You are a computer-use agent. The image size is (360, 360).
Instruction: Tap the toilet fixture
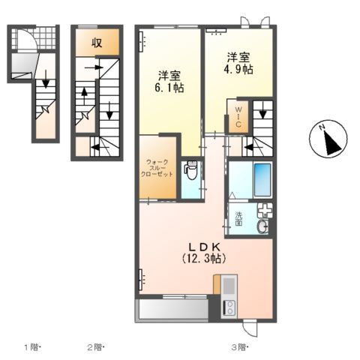tap(190, 172)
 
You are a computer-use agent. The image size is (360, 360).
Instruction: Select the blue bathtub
tap(262, 180)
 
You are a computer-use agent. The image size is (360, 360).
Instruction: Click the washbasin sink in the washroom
tap(263, 227)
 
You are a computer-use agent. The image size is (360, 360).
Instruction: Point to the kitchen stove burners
tap(229, 307)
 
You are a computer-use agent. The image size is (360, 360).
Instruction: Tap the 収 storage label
tap(97, 42)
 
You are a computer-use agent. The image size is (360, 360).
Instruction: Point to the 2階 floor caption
tap(94, 347)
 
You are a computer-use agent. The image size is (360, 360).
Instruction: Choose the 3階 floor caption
tap(239, 347)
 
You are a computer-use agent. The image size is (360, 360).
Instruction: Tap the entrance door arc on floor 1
tap(24, 39)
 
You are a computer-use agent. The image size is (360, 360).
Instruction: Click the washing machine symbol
tap(265, 211)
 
